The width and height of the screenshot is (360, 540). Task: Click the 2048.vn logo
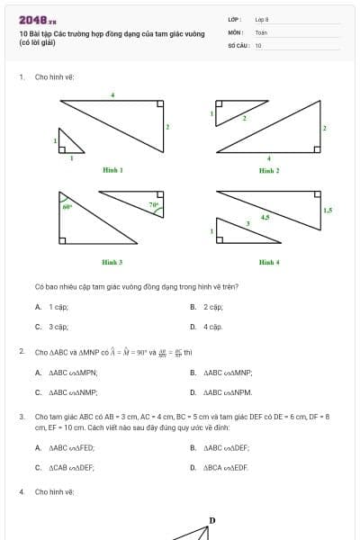pos(37,19)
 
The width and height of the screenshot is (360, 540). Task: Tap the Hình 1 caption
pos(112,170)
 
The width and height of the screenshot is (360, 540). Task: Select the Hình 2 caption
pos(268,170)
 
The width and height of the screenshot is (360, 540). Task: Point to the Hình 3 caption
pos(112,262)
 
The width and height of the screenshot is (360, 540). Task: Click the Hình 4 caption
pos(268,262)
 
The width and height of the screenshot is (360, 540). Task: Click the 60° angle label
pos(67,207)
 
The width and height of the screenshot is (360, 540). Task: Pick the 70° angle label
pos(154,204)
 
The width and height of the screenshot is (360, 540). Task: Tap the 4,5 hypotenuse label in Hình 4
pos(265,216)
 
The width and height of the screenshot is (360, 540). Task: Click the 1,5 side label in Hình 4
pos(327,210)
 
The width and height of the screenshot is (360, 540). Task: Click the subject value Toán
pos(261,31)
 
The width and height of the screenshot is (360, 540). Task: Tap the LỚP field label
pos(234,19)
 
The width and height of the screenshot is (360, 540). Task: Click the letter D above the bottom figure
pos(212,520)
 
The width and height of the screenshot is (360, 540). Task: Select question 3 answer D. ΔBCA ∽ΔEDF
pos(220,467)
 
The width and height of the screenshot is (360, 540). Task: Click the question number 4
pos(22,492)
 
